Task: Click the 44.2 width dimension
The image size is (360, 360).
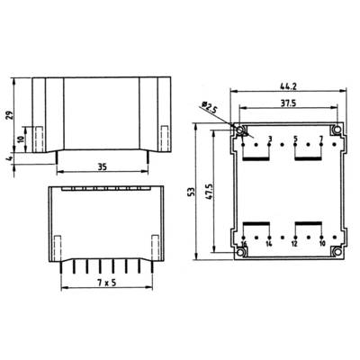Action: point(288,87)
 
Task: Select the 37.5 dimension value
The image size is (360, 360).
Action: point(288,103)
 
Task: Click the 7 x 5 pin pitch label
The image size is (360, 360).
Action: point(100,283)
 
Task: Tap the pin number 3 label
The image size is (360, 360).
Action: point(269,139)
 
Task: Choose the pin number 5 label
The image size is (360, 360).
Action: point(295,139)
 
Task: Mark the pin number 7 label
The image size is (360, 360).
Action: point(320,139)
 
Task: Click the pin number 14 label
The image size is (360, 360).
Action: point(269,244)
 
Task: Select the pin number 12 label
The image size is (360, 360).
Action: point(295,244)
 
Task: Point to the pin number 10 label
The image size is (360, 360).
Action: point(321,244)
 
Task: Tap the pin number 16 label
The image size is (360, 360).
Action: point(244,244)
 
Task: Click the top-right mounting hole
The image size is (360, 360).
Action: point(336,130)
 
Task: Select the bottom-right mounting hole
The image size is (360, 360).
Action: point(336,253)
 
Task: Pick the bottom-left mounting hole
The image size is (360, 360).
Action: point(241,253)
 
